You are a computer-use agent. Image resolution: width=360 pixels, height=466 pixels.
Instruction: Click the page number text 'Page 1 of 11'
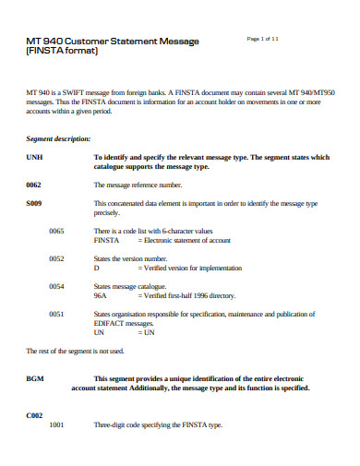point(263,38)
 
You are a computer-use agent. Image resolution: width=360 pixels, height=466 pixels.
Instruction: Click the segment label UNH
point(34,158)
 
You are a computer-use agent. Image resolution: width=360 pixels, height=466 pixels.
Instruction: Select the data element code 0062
point(33,185)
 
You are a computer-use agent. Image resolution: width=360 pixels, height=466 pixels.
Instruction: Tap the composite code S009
point(34,202)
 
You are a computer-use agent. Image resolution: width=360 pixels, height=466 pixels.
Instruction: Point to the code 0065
point(57,230)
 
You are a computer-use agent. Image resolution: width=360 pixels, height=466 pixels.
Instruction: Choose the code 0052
point(57,258)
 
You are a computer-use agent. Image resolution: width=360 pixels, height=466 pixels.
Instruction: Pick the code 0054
point(57,287)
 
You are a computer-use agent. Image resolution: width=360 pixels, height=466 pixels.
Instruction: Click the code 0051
point(57,315)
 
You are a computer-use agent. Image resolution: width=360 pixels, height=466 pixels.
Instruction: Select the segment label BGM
point(35,378)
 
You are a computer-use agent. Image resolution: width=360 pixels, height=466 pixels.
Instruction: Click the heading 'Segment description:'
point(57,138)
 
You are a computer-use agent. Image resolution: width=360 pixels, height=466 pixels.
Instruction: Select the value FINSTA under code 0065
point(107,239)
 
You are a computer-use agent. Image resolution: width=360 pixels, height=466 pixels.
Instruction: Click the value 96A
point(102,296)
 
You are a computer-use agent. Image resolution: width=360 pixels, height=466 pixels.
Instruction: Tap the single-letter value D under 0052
point(97,268)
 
